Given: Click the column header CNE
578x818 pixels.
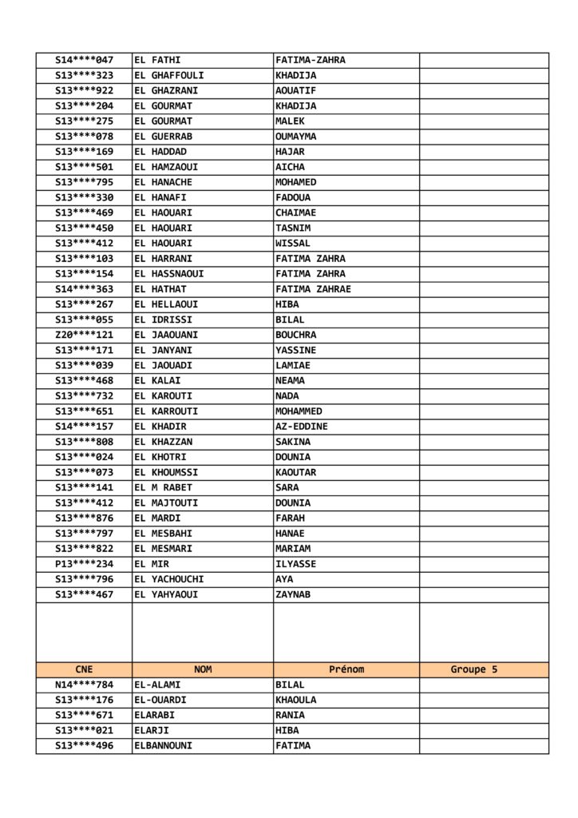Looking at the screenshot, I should (84, 669).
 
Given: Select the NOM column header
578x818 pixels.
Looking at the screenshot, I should (203, 669).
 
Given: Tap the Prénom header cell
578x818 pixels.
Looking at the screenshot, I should (346, 669).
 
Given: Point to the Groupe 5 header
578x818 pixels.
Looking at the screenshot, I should (473, 669).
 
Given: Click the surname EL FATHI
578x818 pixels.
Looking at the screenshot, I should (157, 60).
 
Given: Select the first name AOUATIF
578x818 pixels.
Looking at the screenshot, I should (295, 90).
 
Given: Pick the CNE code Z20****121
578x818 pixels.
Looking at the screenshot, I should (84, 335).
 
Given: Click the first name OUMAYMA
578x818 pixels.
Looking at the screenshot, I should (295, 136).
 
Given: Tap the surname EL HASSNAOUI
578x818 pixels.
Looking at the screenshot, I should (168, 273).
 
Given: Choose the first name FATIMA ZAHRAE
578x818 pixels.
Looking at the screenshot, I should (313, 289).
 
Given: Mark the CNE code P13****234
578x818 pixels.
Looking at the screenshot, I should (84, 563).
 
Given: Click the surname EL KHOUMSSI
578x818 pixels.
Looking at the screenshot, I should (166, 472).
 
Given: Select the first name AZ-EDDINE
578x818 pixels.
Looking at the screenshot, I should (301, 427).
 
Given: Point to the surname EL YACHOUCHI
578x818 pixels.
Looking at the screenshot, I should (168, 578).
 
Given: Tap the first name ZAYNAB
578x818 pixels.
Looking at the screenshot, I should (293, 594).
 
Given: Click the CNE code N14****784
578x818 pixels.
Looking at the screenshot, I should (84, 685).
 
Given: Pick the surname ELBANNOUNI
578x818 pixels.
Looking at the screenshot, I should (163, 745).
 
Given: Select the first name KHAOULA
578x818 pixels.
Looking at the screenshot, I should (295, 700).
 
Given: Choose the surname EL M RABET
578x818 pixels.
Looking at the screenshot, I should (163, 487).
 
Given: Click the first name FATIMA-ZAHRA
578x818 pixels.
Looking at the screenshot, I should (310, 60).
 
